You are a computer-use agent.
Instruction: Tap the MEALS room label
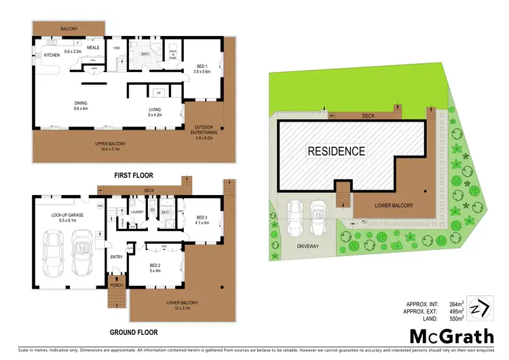click(x=93, y=48)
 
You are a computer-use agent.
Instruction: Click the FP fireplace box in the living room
click(x=158, y=92)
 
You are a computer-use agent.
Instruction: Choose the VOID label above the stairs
click(x=117, y=48)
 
